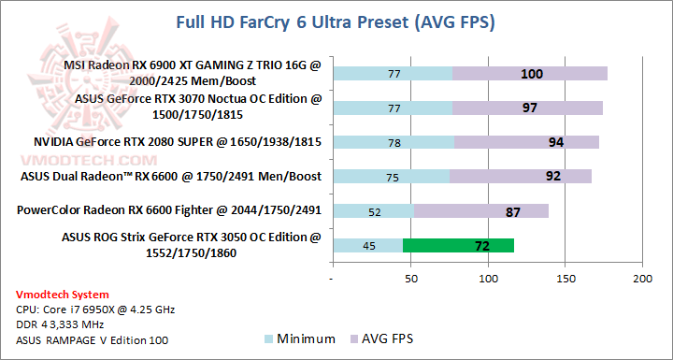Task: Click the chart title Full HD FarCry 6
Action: [336, 21]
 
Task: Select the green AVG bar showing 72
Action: [458, 246]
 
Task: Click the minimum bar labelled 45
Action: [367, 246]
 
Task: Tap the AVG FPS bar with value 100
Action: [530, 74]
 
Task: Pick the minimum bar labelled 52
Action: [373, 211]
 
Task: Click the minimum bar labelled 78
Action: [393, 142]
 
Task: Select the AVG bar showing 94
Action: [526, 142]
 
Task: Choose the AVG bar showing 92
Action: [521, 177]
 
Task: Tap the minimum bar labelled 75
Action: [391, 177]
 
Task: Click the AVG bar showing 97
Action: [528, 108]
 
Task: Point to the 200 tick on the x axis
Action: [641, 279]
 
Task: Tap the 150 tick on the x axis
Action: [564, 279]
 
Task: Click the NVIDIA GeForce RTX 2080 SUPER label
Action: [165, 142]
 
